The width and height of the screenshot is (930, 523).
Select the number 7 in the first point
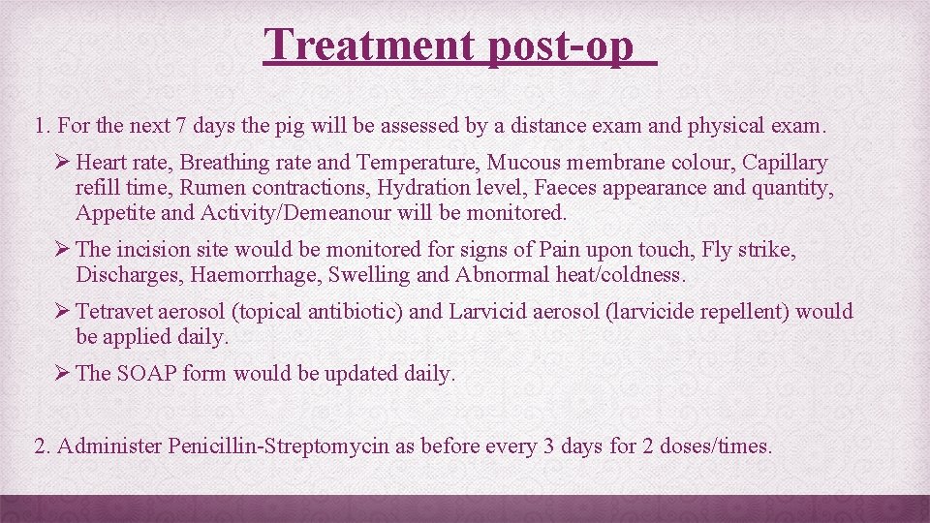click(181, 125)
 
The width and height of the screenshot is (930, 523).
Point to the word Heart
click(101, 163)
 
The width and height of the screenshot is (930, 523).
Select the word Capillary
click(785, 163)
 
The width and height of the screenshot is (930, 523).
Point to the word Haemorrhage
click(256, 274)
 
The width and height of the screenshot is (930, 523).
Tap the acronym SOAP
click(146, 374)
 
